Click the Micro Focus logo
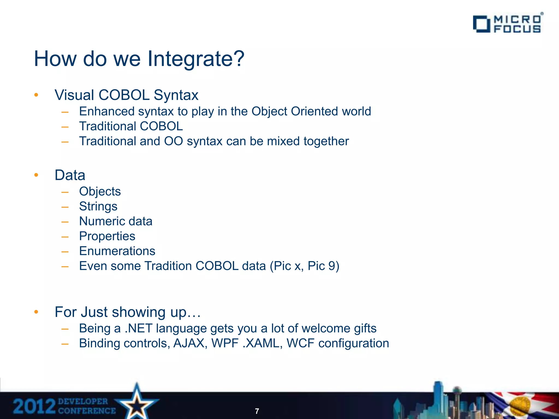tap(508, 24)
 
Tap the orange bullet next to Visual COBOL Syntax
tap(36, 95)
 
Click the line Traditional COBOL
tap(131, 126)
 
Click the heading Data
tap(70, 175)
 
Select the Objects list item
tap(100, 191)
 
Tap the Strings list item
tap(98, 206)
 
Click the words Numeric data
tap(116, 221)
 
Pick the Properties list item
tap(107, 236)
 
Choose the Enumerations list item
tap(117, 251)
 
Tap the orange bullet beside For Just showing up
tap(36, 312)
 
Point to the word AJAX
tap(189, 343)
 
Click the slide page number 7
tap(257, 411)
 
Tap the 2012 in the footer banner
tap(34, 406)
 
